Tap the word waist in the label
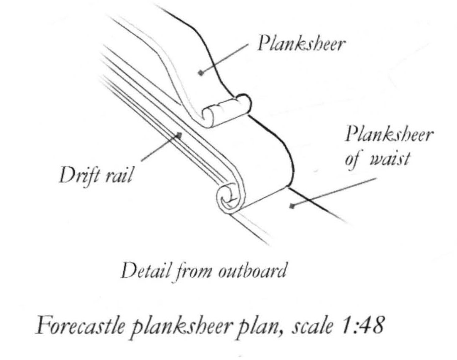click(390, 161)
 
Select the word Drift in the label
click(76, 174)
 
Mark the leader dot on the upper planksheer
click(202, 72)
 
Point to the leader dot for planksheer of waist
click(291, 206)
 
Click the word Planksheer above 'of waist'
click(389, 136)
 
